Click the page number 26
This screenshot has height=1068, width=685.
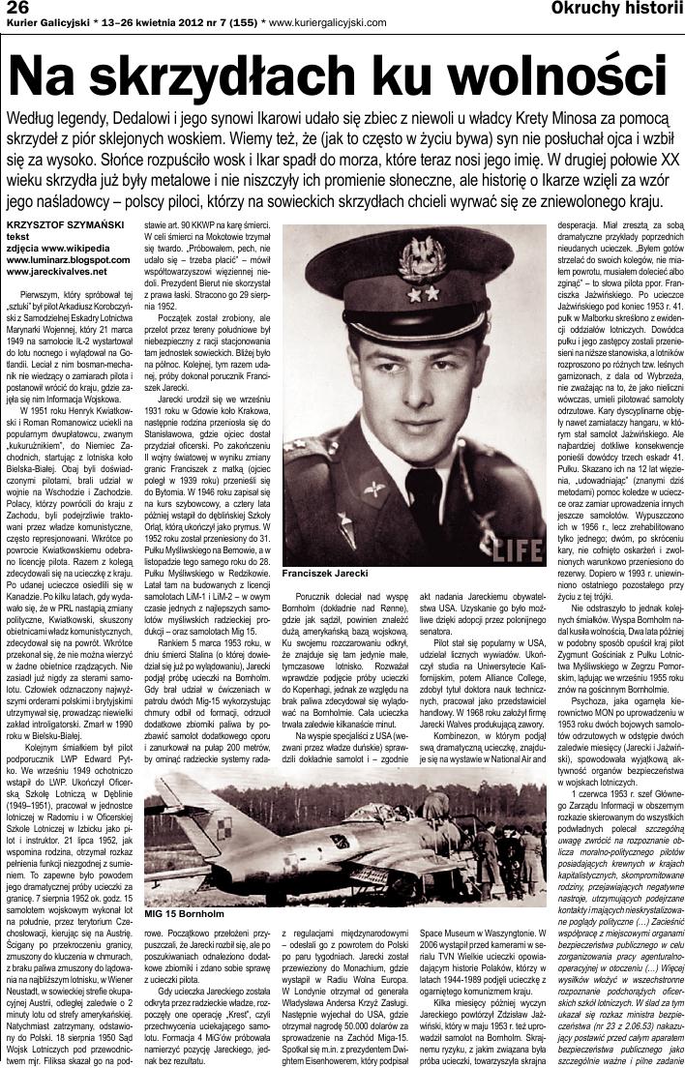point(19,8)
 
